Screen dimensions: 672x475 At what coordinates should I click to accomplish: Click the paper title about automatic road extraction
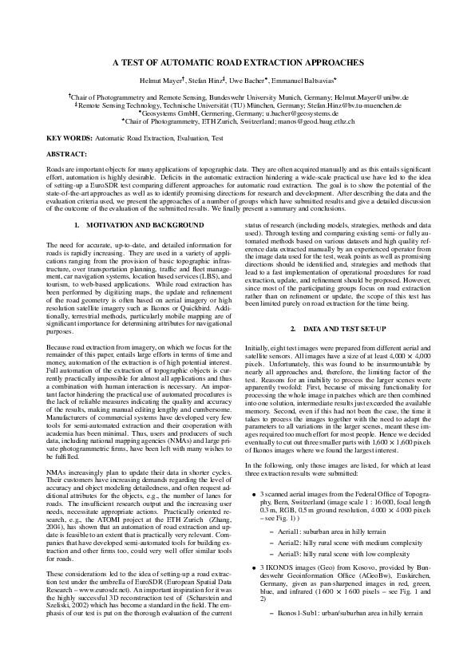click(x=237, y=61)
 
